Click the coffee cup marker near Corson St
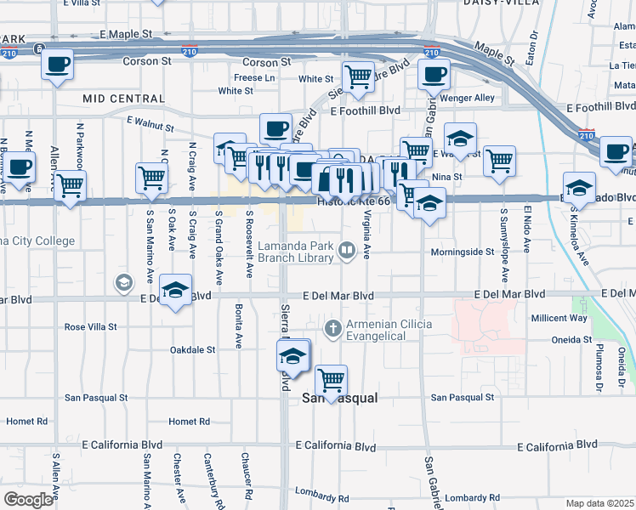tap(57, 65)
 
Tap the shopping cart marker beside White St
tap(359, 76)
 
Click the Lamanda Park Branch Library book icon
tap(347, 250)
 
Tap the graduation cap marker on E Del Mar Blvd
tap(176, 292)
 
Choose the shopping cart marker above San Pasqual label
tap(331, 379)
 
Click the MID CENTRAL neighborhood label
tap(123, 99)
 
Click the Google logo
tap(28, 499)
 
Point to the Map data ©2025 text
tap(599, 503)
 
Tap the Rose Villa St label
tap(91, 326)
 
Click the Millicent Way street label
tap(559, 318)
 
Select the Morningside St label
tap(462, 252)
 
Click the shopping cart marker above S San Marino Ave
tap(151, 178)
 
